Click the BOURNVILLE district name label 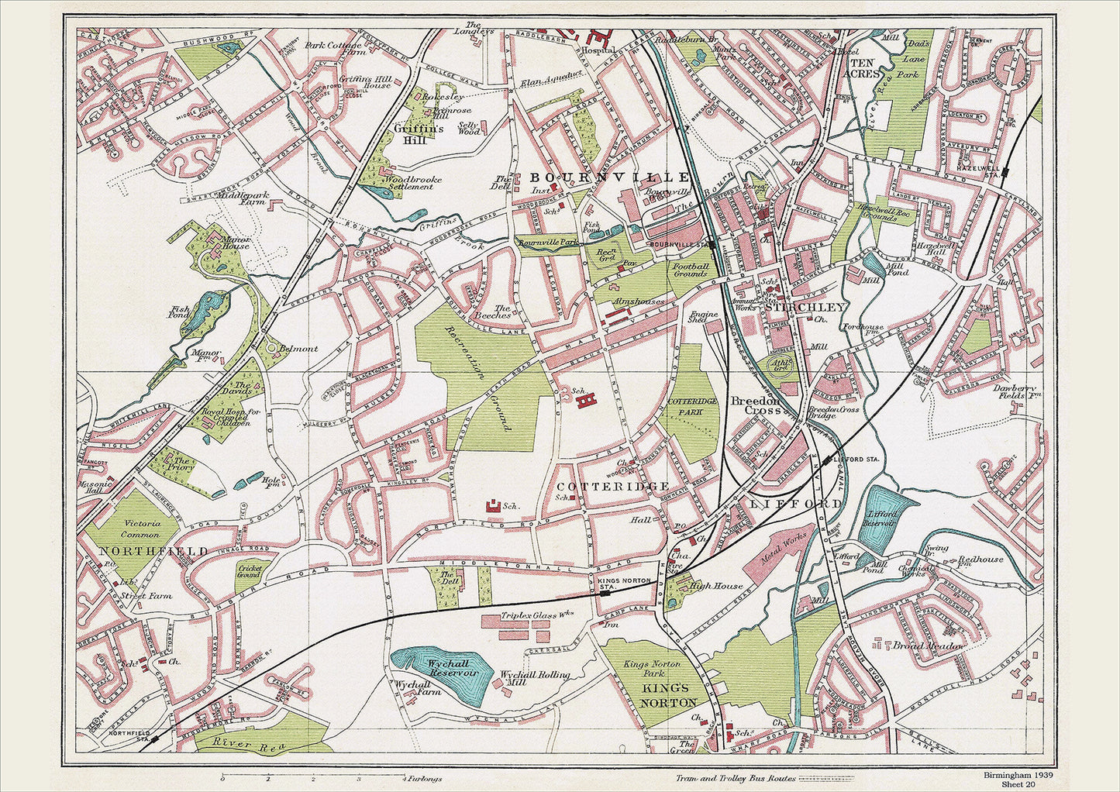point(609,177)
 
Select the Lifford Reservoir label point(881,518)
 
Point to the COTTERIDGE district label point(613,486)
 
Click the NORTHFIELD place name point(153,551)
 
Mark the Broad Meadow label point(929,645)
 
